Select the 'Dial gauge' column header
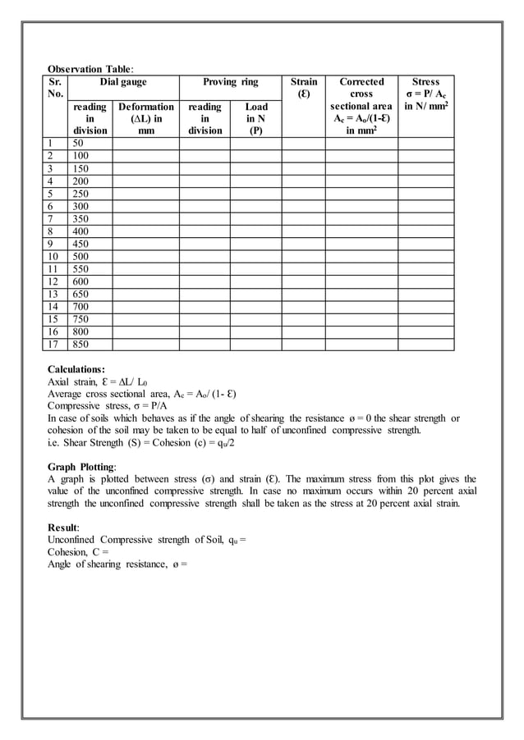123,82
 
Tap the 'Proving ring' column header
231,82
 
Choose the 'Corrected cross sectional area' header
361,106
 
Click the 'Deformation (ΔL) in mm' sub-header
146,118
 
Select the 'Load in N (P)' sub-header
255,118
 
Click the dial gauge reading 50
80,143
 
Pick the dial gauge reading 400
82,232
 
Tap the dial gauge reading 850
82,345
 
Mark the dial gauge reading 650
82,295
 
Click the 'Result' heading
65,528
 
